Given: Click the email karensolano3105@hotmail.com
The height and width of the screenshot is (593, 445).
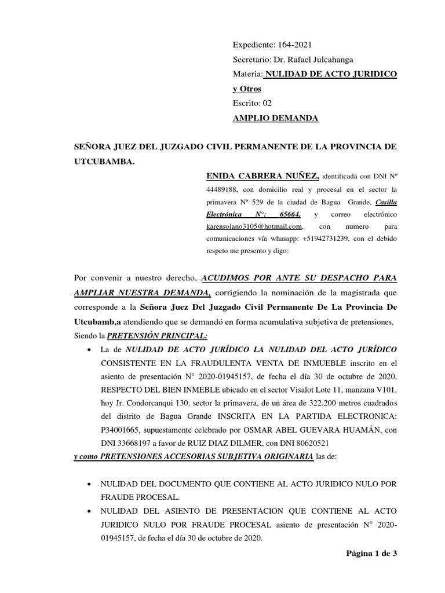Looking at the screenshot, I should click(x=254, y=226).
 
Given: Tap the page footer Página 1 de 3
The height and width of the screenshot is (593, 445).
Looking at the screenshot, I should click(x=371, y=553).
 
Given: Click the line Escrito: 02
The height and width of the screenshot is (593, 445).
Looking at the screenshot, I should click(x=252, y=103).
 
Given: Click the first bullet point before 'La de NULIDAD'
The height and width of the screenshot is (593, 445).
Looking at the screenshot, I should click(x=87, y=351).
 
